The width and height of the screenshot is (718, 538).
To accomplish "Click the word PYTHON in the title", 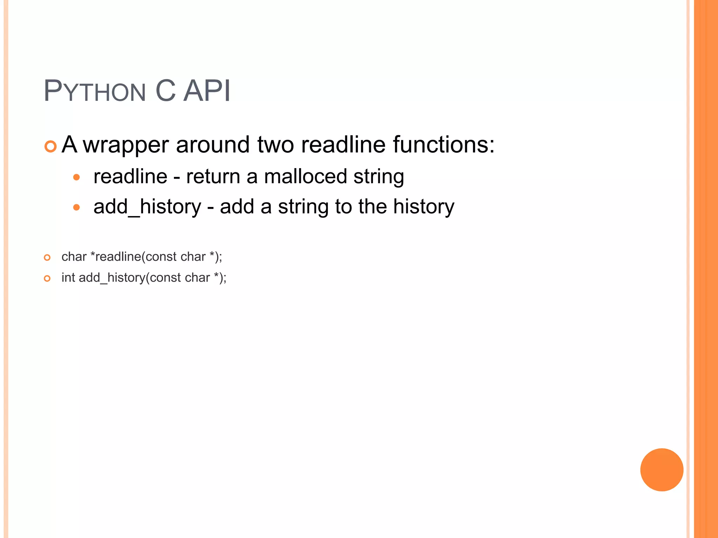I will pos(95,91).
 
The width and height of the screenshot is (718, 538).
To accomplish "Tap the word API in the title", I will pos(207,91).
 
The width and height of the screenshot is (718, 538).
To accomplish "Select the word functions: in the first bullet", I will pos(443,144).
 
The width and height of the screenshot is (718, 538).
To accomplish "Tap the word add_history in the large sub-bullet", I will pos(147,207).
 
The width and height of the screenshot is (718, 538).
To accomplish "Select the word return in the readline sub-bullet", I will pos(213,176).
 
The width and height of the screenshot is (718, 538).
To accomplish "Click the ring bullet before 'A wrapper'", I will pos(50,146).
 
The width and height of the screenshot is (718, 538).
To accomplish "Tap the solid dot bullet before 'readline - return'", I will pos(76,177).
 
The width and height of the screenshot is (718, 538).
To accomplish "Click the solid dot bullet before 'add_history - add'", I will pos(76,207).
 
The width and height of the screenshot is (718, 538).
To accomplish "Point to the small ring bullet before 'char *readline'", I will pos(47,258).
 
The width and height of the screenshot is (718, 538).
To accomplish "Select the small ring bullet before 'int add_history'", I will pos(47,279).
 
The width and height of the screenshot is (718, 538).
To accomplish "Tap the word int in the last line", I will pos(68,277).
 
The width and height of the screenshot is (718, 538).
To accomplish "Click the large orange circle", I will pos(662,470).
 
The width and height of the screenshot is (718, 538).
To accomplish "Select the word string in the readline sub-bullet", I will pos(379,177).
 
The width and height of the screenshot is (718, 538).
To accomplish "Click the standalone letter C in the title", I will pos(165,91).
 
